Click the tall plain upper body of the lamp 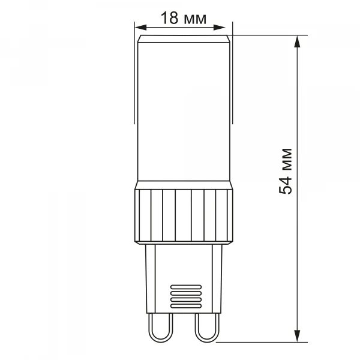tap(183, 114)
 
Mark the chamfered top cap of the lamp tap(183, 39)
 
